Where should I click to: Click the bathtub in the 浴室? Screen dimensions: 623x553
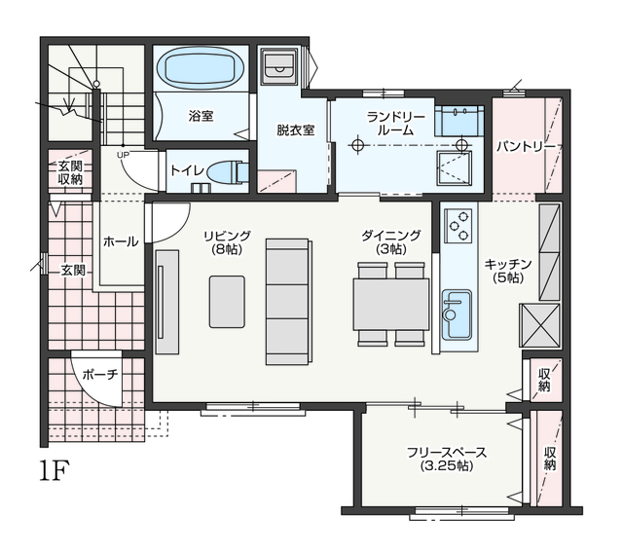click(201, 68)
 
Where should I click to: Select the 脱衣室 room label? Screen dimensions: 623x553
click(296, 129)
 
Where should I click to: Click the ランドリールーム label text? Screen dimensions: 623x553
click(396, 123)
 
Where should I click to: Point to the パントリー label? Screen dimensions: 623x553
click(526, 147)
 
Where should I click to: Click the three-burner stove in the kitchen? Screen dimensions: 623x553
click(458, 226)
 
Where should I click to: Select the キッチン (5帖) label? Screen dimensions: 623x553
click(508, 271)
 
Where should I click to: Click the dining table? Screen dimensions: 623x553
click(391, 305)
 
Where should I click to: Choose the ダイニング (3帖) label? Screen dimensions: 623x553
click(391, 241)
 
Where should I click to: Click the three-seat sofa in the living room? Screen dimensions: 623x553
click(287, 302)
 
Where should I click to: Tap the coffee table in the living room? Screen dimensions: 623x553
click(227, 302)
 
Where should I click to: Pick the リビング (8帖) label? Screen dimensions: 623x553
click(227, 241)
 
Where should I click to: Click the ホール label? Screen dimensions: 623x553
click(121, 241)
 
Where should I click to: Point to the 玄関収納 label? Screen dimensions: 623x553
click(70, 172)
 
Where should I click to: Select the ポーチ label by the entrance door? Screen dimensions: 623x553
click(100, 374)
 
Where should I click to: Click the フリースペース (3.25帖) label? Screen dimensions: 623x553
click(447, 459)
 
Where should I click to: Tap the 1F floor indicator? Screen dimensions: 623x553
click(55, 470)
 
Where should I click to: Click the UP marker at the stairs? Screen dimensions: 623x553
click(123, 155)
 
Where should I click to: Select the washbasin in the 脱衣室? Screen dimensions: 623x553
click(279, 67)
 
